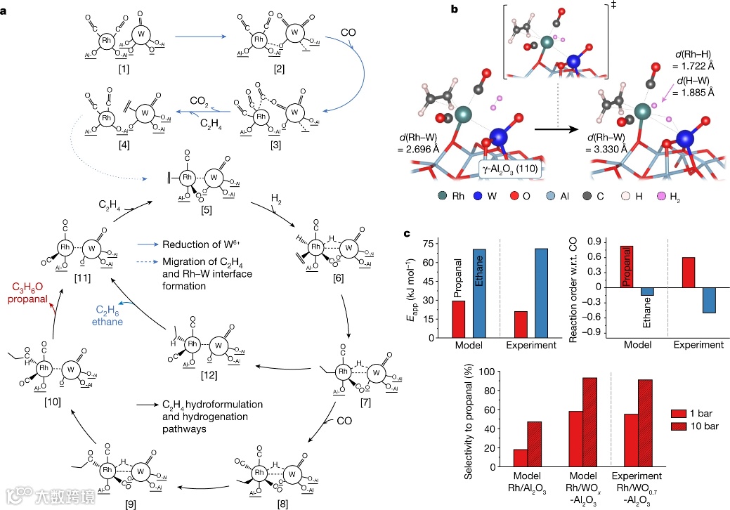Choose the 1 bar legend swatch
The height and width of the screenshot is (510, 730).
[x=677, y=413]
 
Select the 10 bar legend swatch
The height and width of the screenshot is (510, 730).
[x=677, y=426]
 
